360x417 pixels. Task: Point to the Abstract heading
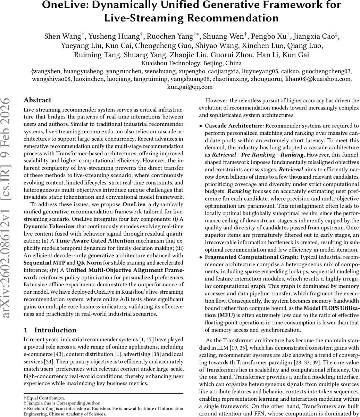point(37,100)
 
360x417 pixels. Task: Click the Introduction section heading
point(55,330)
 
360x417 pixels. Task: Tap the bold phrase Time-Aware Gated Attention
point(95,240)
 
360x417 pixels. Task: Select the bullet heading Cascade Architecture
point(234,126)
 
